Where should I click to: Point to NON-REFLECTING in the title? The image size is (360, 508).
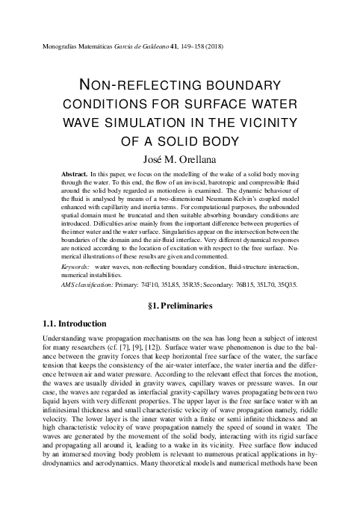[x=128, y=85]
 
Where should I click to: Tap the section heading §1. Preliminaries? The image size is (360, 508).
[x=180, y=306]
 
